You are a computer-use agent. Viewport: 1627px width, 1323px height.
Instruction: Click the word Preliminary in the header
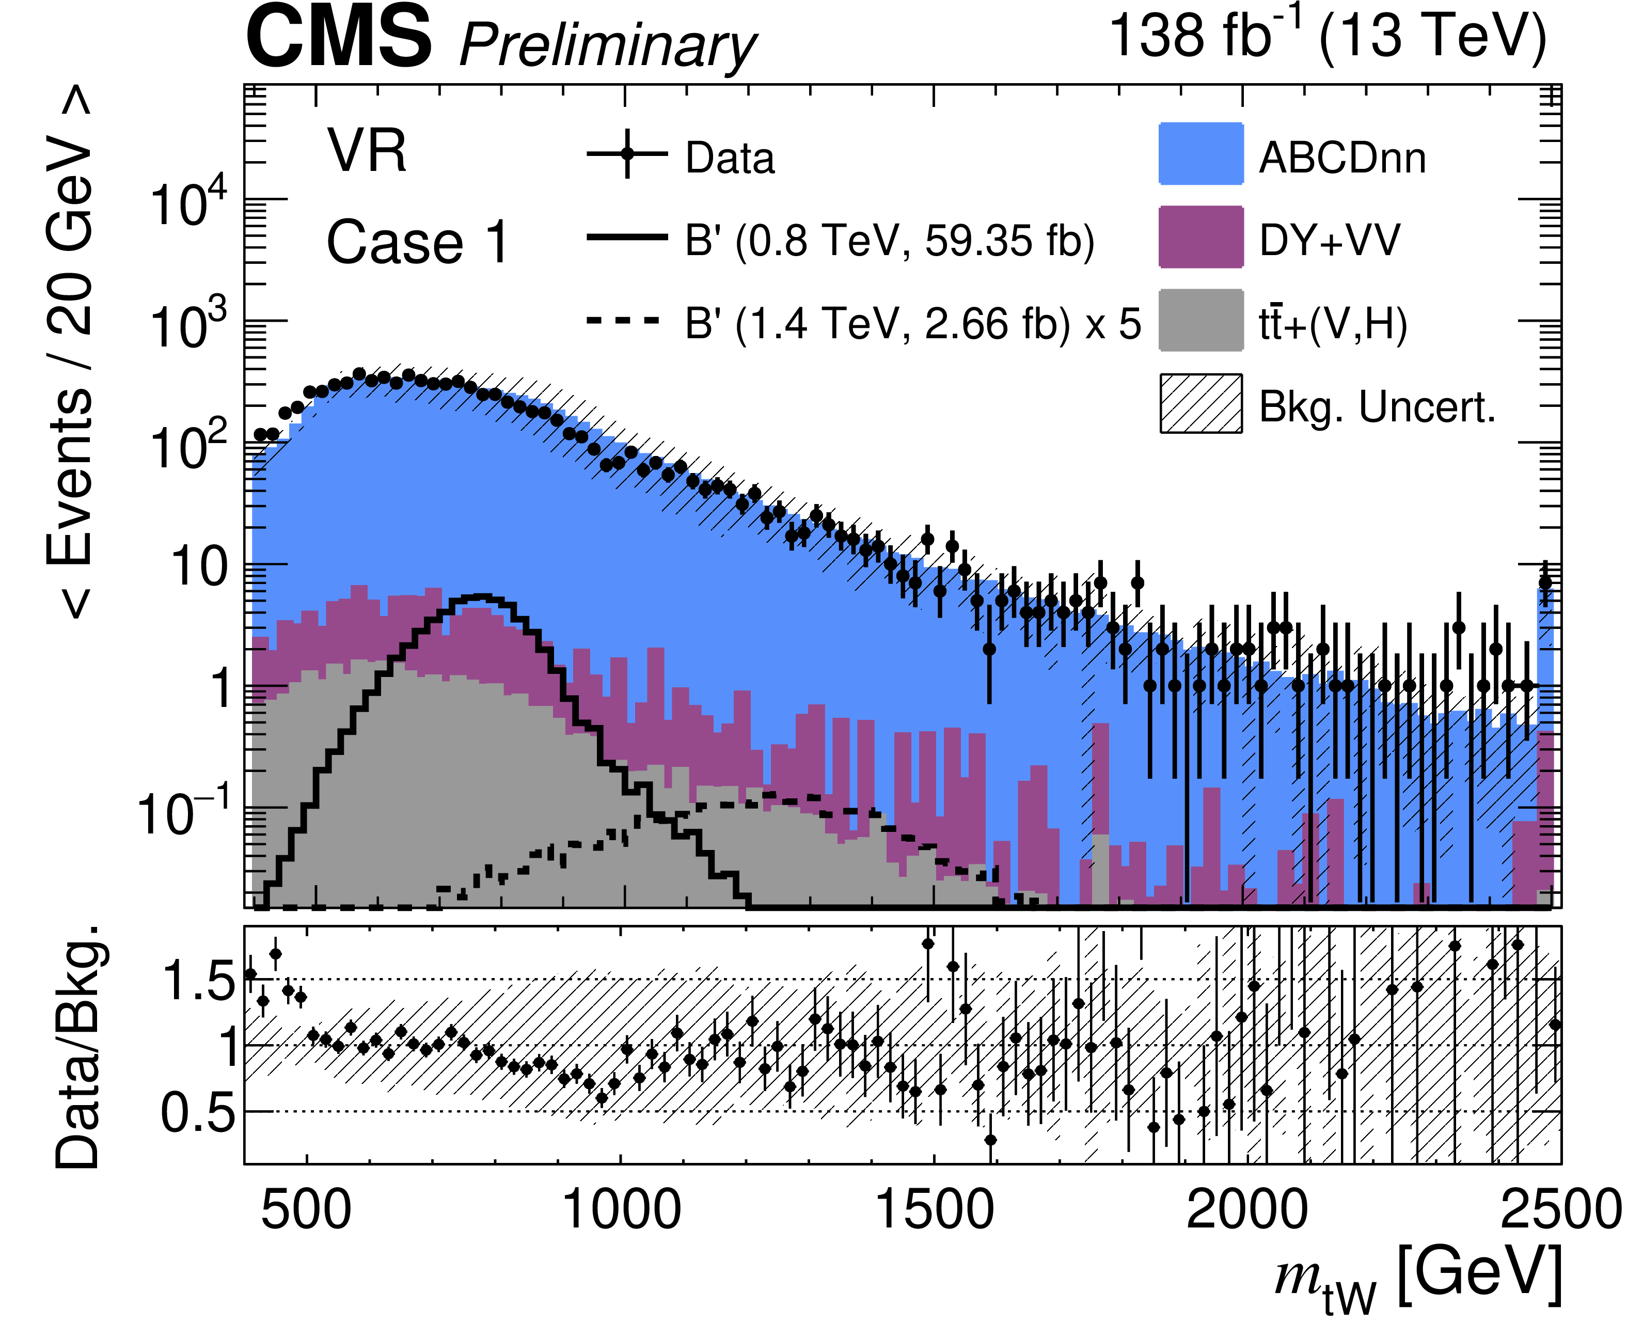pyautogui.click(x=607, y=46)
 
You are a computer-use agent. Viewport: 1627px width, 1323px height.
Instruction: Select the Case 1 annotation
pyautogui.click(x=418, y=242)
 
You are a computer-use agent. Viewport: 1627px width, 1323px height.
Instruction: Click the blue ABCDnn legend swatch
pyautogui.click(x=1201, y=153)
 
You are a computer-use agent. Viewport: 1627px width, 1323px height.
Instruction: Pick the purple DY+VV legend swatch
pyautogui.click(x=1201, y=237)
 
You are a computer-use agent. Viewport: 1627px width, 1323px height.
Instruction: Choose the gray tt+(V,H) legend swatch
pyautogui.click(x=1201, y=320)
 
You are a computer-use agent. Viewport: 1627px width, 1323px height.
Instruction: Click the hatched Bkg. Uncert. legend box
pyautogui.click(x=1201, y=403)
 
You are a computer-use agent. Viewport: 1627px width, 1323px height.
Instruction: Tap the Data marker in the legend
pyautogui.click(x=627, y=153)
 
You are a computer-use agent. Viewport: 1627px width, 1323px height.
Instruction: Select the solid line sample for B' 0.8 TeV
pyautogui.click(x=627, y=238)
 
